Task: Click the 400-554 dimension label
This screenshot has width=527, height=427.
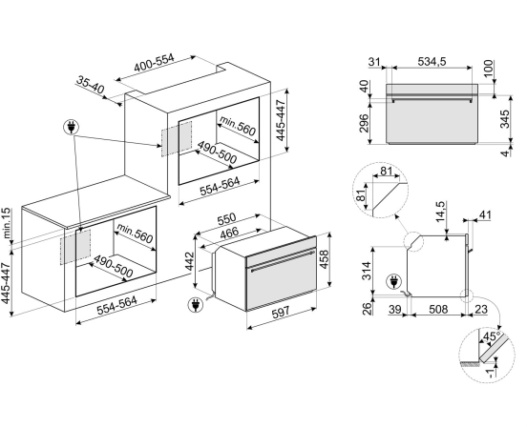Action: (154, 63)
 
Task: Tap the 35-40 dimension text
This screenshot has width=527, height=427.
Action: (91, 85)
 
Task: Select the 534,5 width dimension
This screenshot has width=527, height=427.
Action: (432, 61)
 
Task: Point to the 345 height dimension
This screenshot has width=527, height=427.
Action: (504, 119)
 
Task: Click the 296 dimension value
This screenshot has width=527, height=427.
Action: (364, 123)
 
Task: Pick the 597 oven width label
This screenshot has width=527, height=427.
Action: (281, 313)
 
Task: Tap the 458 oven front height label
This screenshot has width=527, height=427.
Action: (324, 259)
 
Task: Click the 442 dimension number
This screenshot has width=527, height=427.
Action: (189, 261)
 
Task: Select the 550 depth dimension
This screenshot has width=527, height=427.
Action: (227, 220)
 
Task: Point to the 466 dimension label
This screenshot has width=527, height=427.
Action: (229, 234)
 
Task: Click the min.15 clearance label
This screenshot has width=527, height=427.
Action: (7, 223)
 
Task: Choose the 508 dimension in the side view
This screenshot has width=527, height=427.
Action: (438, 309)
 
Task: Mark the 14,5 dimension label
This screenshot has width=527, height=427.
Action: (440, 212)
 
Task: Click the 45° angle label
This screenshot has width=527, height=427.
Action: (491, 336)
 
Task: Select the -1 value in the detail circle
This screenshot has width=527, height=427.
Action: (492, 373)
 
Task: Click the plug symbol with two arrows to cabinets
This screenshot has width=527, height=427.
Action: (72, 128)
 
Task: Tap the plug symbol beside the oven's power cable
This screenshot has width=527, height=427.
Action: (196, 305)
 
